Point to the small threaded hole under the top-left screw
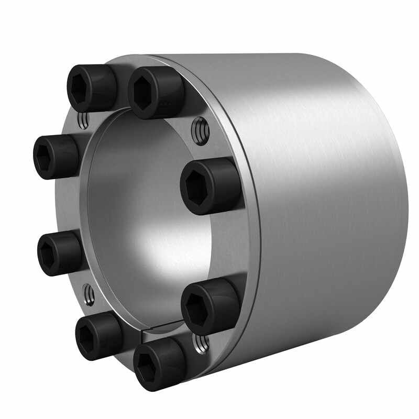[x=82, y=122]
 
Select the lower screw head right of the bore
[x=210, y=306]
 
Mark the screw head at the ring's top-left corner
[x=90, y=87]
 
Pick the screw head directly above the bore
[x=155, y=92]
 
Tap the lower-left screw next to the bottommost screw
[x=97, y=336]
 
